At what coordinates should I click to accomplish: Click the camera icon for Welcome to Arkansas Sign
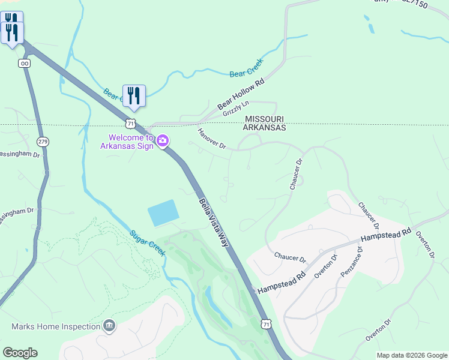point(163,141)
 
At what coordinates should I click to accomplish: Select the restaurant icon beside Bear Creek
point(134,96)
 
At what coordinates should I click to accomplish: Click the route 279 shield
point(43,142)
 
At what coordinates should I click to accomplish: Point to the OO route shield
point(25,63)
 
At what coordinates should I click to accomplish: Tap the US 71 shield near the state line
point(131,122)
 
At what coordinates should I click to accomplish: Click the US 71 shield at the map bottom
point(267,323)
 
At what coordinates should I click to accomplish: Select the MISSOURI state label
point(264,119)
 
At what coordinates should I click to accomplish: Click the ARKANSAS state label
point(264,128)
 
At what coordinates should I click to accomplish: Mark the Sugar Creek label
point(148,242)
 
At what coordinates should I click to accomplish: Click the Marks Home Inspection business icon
point(109,326)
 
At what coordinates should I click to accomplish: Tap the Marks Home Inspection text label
point(56,326)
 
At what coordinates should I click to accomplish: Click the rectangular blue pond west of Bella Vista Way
point(163,212)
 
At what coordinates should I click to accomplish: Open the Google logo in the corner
point(20,352)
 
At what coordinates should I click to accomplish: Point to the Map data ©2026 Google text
point(411,355)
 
